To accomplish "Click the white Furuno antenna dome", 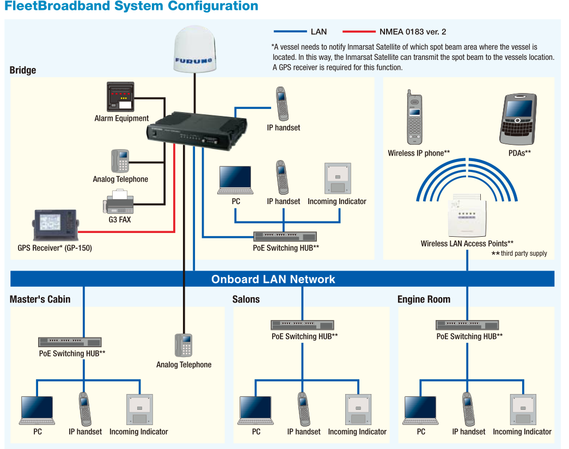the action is (x=195, y=49).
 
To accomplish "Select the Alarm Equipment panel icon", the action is (x=120, y=96).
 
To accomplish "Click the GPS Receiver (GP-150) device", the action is (x=56, y=225).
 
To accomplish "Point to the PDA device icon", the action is (x=518, y=120).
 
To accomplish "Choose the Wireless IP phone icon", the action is (x=414, y=118).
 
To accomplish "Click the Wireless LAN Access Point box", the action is (x=467, y=216).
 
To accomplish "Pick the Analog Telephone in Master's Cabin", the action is (x=183, y=345).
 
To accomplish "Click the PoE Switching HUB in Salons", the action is (x=302, y=325).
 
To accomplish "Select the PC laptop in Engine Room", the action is (x=420, y=410).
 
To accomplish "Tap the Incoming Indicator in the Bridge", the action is (x=338, y=179).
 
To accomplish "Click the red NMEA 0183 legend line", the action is (x=359, y=32).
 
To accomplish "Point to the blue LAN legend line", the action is (x=290, y=32).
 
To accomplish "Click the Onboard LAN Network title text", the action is (x=273, y=279).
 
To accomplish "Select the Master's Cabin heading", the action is (x=40, y=299).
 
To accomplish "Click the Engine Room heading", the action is (x=424, y=299).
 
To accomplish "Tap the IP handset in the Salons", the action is (x=304, y=409).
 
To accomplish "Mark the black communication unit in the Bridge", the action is (x=197, y=131).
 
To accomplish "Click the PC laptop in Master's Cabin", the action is (x=37, y=410).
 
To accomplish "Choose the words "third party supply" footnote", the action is (x=524, y=254).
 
